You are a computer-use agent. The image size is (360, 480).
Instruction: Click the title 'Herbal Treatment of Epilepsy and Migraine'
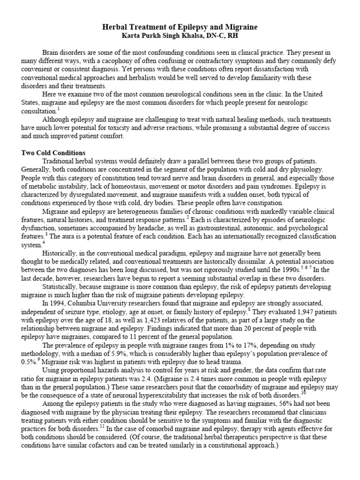(180, 28)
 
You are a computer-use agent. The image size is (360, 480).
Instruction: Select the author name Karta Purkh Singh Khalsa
(155, 36)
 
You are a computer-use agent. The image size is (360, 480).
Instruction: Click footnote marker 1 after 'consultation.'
(58, 108)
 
